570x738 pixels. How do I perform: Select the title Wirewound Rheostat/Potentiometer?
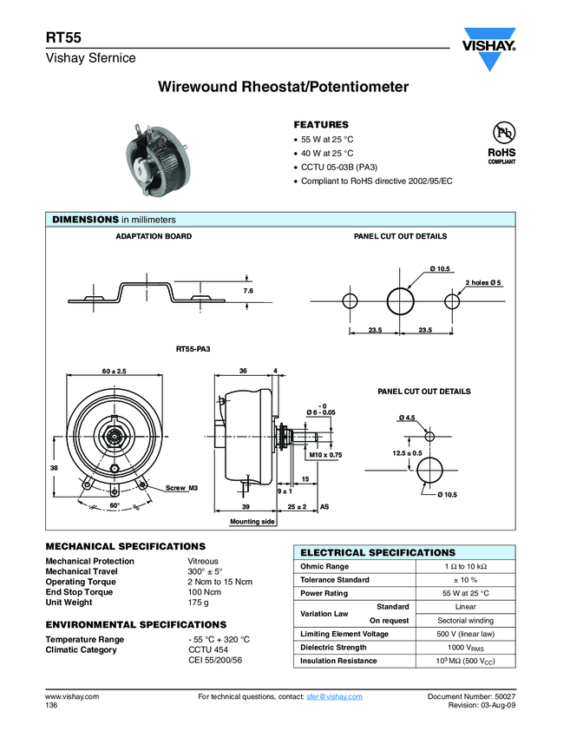[284, 88]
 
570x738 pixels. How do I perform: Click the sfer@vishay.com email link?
[334, 697]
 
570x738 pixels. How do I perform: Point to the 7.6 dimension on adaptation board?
[247, 290]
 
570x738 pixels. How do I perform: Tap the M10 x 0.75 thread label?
[326, 454]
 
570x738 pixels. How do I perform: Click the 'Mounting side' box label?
[252, 521]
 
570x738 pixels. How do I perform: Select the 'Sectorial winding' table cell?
[465, 621]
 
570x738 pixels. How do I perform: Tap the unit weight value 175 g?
[199, 603]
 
